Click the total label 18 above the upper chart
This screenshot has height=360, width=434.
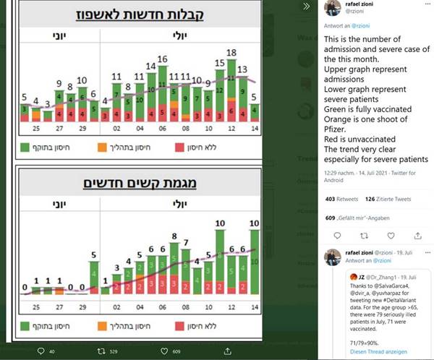click(x=232, y=53)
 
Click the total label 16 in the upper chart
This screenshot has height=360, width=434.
click(x=163, y=59)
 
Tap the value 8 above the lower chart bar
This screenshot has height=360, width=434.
click(x=174, y=236)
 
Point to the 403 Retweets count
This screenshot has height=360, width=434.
click(x=342, y=199)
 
